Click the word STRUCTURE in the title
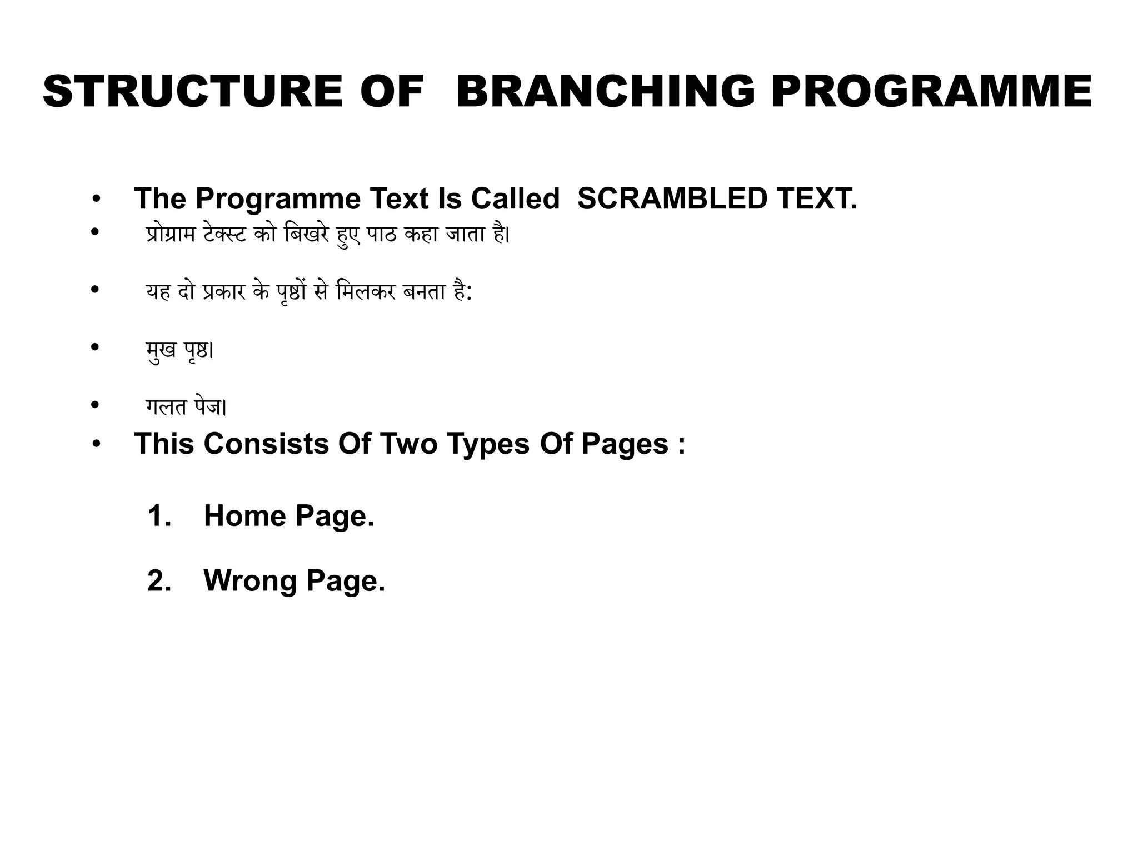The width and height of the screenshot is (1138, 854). point(192,92)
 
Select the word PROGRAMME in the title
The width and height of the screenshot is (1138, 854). point(932,92)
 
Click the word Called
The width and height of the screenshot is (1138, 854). point(515,198)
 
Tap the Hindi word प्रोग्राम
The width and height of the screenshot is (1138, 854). point(171,235)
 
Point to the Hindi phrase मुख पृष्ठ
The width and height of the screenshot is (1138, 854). point(179,350)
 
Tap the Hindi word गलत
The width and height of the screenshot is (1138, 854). point(166,408)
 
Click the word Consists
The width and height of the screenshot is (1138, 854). point(266,444)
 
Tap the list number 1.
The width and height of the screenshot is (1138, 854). point(159,515)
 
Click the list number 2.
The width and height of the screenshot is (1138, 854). point(159,580)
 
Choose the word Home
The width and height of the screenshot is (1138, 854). point(244,515)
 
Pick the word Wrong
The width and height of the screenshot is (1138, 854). point(250,580)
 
